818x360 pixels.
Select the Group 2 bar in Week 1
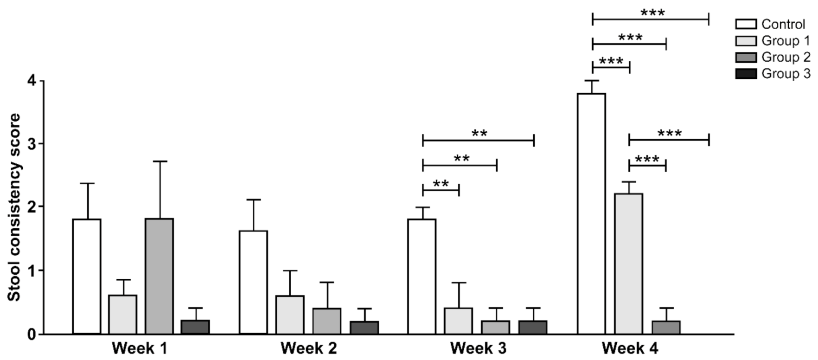click(x=159, y=276)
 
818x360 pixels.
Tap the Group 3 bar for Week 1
click(x=195, y=327)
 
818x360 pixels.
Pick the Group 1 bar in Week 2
click(x=290, y=315)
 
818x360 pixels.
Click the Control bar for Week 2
click(x=253, y=282)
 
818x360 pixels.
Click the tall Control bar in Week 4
click(x=591, y=213)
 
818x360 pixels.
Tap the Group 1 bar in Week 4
click(x=629, y=264)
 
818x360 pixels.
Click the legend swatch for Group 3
click(x=746, y=74)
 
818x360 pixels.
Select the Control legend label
click(x=783, y=24)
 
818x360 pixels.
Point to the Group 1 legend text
click(x=786, y=41)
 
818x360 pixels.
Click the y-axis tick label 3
click(x=32, y=144)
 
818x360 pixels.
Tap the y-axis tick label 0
click(x=32, y=334)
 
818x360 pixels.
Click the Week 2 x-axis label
click(x=308, y=348)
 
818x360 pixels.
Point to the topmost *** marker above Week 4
click(x=652, y=13)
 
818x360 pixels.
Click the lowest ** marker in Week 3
click(x=441, y=184)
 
